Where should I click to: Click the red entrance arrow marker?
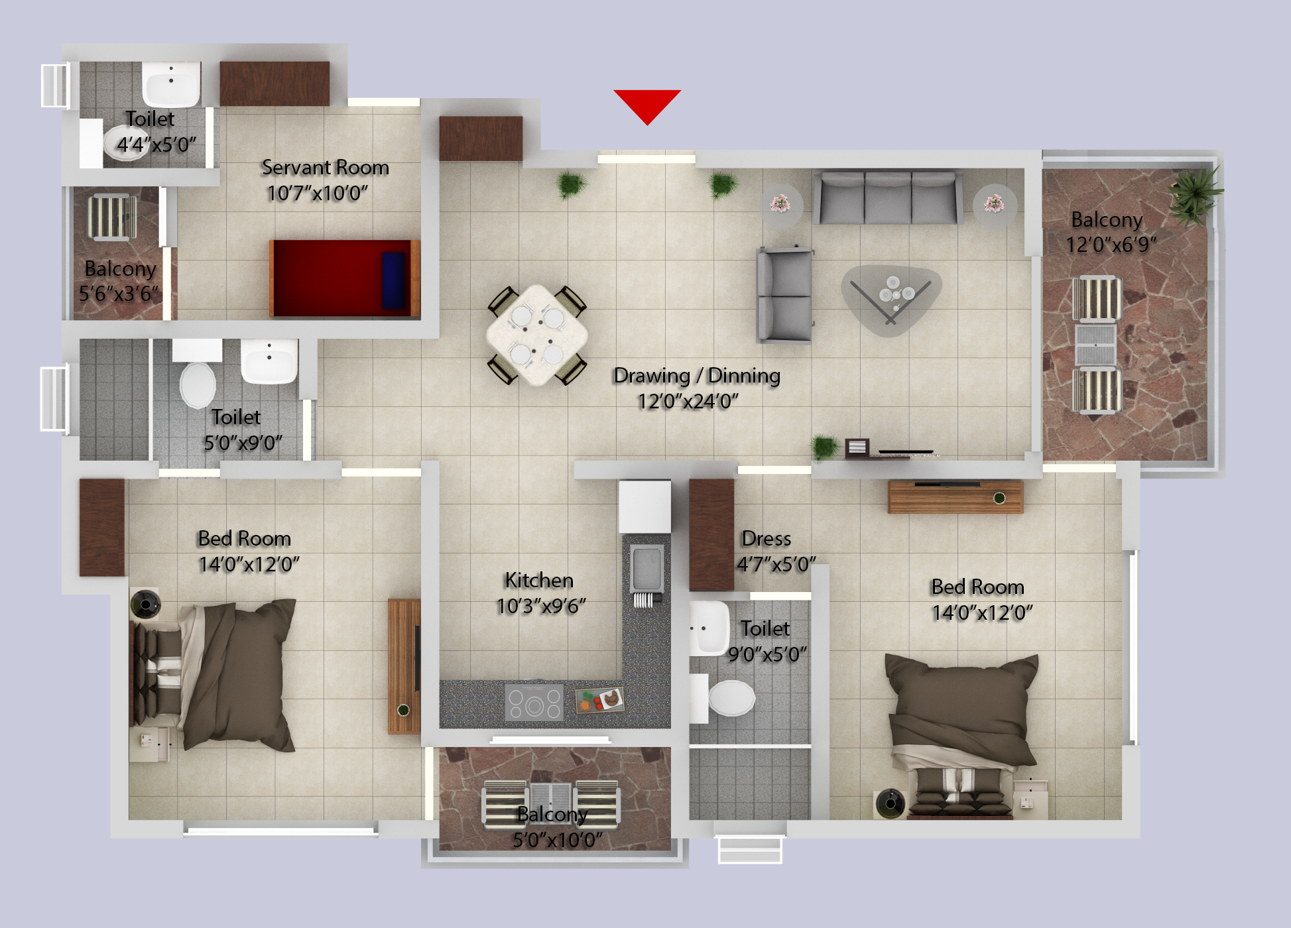point(647,105)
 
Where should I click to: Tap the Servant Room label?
point(325,168)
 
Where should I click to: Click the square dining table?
point(537,334)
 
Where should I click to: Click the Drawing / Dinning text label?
point(696,376)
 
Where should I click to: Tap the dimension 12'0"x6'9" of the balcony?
point(1111,245)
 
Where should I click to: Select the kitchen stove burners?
point(534,702)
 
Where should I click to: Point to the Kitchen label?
point(538,581)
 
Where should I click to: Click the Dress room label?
point(766,539)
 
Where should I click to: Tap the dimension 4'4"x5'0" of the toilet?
point(156,145)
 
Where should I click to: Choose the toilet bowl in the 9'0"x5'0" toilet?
point(731,698)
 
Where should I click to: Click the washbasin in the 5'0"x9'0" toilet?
point(269,362)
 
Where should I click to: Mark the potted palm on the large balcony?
point(1195,193)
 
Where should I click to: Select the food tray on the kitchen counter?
point(599,699)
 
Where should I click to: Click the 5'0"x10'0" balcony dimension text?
point(557,841)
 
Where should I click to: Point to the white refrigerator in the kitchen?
point(645,507)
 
